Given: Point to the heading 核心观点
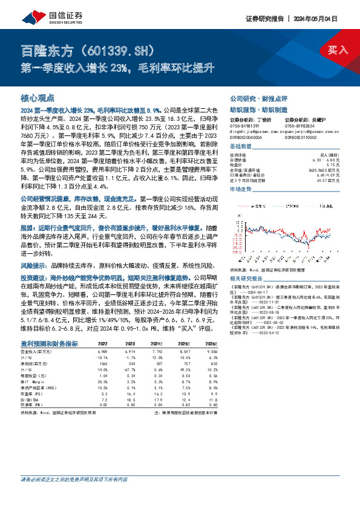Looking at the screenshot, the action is coord(38,97).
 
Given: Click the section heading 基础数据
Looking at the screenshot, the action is coord(241,147).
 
